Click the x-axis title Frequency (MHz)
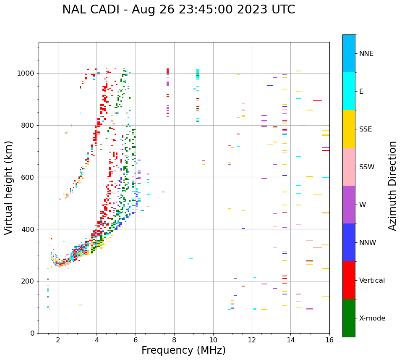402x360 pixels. click(183, 350)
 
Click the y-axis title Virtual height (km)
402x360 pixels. click(9, 188)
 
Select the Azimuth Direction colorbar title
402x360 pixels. click(392, 186)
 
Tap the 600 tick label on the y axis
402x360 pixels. click(29, 177)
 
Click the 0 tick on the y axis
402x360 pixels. click(32, 333)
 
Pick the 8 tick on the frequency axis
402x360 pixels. click(174, 340)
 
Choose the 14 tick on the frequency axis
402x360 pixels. click(291, 340)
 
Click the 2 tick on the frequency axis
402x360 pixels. click(58, 340)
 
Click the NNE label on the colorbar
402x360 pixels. click(366, 54)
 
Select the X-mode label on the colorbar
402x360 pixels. click(372, 318)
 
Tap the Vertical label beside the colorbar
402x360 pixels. click(372, 281)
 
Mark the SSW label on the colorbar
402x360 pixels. click(367, 167)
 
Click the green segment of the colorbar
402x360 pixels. click(349, 318)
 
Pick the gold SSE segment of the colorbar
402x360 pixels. click(349, 129)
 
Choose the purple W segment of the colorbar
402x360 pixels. click(349, 205)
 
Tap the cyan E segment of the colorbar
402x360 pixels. click(349, 91)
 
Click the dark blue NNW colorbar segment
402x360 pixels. click(349, 242)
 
